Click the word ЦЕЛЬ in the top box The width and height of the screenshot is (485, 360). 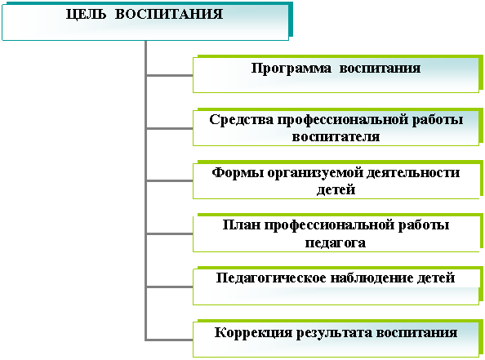86,15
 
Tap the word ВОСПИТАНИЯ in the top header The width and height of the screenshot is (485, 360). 169,14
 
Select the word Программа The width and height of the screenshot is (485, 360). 291,69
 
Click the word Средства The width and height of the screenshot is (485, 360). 241,120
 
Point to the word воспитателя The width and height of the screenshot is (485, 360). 336,136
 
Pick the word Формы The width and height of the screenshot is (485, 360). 238,172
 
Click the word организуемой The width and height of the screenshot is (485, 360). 315,173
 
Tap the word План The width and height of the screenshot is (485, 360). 242,224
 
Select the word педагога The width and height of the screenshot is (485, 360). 336,242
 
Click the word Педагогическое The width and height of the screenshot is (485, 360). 271,278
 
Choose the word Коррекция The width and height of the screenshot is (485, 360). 253,333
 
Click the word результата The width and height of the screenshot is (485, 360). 334,333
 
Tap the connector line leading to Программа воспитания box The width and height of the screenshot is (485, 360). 170,75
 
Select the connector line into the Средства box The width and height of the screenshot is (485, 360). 170,128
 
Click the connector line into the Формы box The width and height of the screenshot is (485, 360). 170,181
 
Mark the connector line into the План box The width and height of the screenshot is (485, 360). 170,234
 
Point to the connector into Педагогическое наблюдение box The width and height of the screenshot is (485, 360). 170,287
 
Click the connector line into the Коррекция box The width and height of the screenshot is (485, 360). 170,340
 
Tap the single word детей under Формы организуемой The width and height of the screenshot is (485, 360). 336,190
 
